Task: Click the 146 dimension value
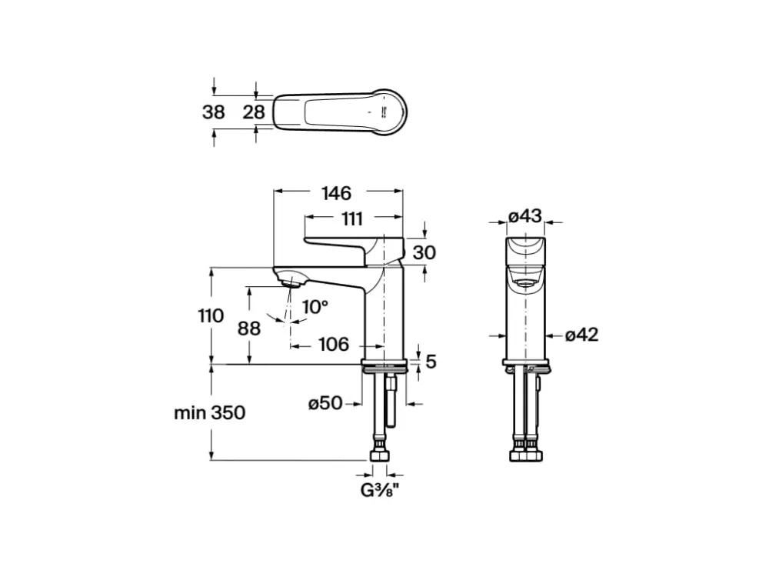[337, 193]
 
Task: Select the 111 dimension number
[352, 218]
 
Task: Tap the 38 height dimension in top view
[214, 112]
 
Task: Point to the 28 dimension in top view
[254, 112]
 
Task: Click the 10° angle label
[315, 307]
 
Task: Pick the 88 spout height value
[249, 329]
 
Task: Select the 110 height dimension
[211, 315]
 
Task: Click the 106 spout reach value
[334, 345]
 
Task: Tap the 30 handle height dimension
[424, 252]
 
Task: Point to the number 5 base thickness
[431, 362]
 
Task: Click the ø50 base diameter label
[325, 403]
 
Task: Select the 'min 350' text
[210, 412]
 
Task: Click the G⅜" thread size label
[378, 489]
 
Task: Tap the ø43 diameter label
[525, 216]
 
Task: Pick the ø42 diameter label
[581, 335]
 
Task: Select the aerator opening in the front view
[525, 283]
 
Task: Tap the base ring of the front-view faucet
[525, 362]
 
